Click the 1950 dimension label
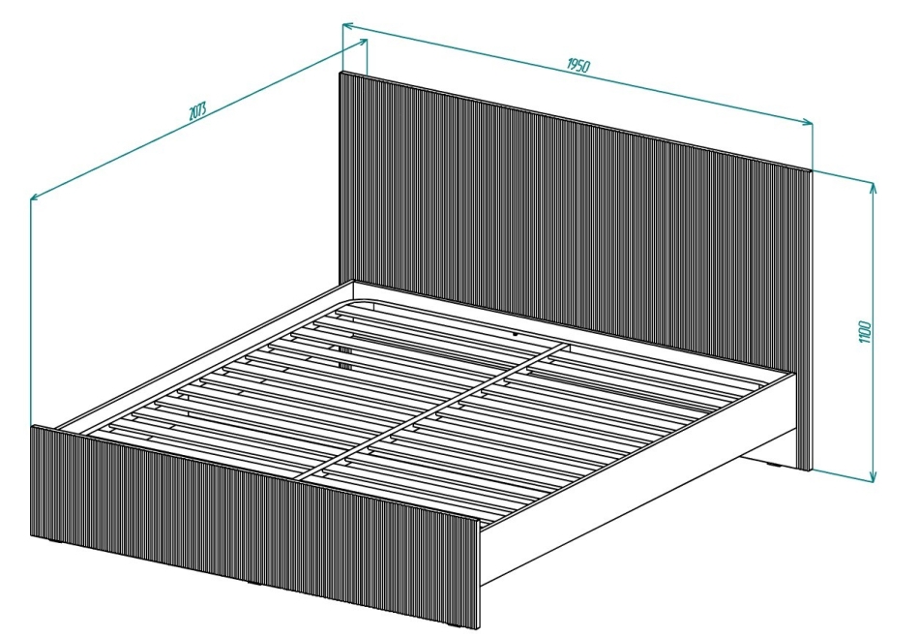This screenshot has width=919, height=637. [578, 65]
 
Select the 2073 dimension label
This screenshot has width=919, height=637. [197, 111]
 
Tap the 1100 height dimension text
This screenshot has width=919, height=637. [867, 332]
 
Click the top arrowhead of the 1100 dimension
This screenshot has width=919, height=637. [873, 187]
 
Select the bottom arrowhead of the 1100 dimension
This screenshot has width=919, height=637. [873, 477]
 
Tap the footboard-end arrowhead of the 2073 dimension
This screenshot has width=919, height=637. [35, 197]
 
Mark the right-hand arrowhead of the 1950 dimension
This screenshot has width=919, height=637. [808, 122]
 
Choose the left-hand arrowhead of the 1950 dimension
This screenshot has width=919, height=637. [347, 26]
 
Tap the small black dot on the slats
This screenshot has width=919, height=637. [515, 334]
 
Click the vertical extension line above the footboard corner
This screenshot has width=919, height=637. [31, 311]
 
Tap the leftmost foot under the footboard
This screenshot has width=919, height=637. [57, 541]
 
